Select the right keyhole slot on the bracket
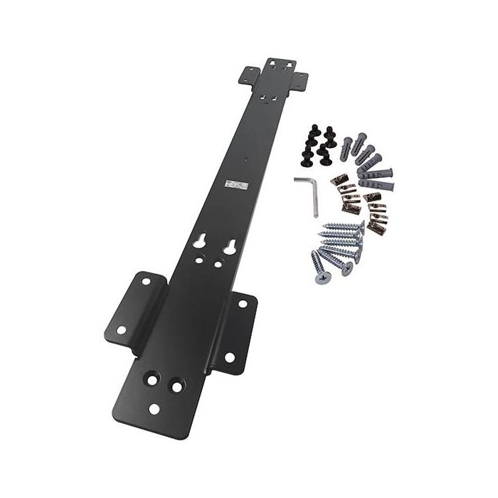pyautogui.click(x=230, y=247)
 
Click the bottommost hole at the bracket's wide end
pyautogui.click(x=154, y=409)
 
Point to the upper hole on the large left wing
pyautogui.click(x=145, y=282)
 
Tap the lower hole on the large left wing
pyautogui.click(x=121, y=330)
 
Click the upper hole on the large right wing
pyautogui.click(x=242, y=304)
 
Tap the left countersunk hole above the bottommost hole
pyautogui.click(x=152, y=379)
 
